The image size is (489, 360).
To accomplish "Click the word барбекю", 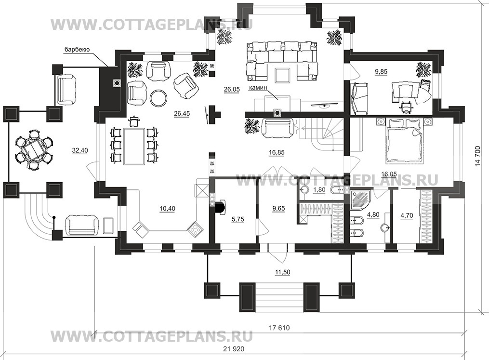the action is click(x=77, y=49).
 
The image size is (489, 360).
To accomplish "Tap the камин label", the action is click(x=258, y=88).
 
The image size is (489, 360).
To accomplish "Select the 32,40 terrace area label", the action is click(x=80, y=150).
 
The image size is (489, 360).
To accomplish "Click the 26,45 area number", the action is click(x=182, y=114).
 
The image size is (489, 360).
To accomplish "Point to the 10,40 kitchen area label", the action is click(x=168, y=208).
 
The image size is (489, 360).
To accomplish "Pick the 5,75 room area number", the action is click(x=238, y=219).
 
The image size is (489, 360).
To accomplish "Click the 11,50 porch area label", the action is click(x=282, y=272).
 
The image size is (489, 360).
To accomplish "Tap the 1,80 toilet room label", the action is click(x=319, y=190).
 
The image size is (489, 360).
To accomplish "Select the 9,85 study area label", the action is click(x=381, y=72).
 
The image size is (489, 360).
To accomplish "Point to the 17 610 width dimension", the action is click(x=279, y=328).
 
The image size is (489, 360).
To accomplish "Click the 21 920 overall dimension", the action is click(x=234, y=349).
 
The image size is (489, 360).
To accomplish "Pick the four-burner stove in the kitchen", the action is click(x=195, y=229).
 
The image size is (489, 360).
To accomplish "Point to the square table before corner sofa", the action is click(x=282, y=76).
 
